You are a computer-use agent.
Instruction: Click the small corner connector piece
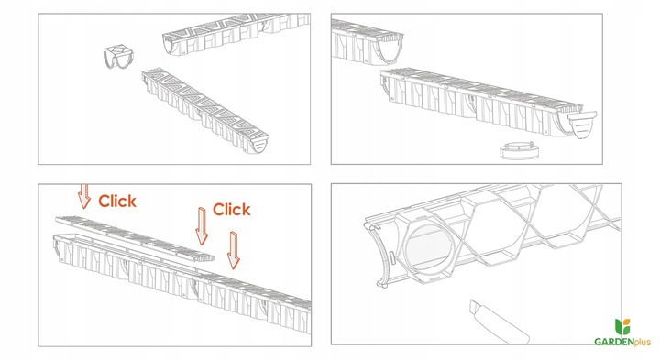click(116, 57)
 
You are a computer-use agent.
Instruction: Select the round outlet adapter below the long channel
click(520, 150)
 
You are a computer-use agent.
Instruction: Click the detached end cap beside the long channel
click(582, 125)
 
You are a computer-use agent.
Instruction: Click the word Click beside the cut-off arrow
click(117, 201)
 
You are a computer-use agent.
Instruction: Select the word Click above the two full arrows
click(232, 210)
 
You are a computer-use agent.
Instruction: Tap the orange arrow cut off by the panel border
click(84, 196)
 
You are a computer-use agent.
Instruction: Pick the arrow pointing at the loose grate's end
click(202, 226)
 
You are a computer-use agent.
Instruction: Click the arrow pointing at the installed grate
click(233, 251)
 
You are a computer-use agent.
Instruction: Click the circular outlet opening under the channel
click(429, 248)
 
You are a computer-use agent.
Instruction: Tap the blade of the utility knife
click(475, 306)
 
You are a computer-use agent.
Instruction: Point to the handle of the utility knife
click(503, 323)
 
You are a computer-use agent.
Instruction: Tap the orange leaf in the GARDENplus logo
click(626, 323)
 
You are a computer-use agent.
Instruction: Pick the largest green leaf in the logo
click(619, 327)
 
